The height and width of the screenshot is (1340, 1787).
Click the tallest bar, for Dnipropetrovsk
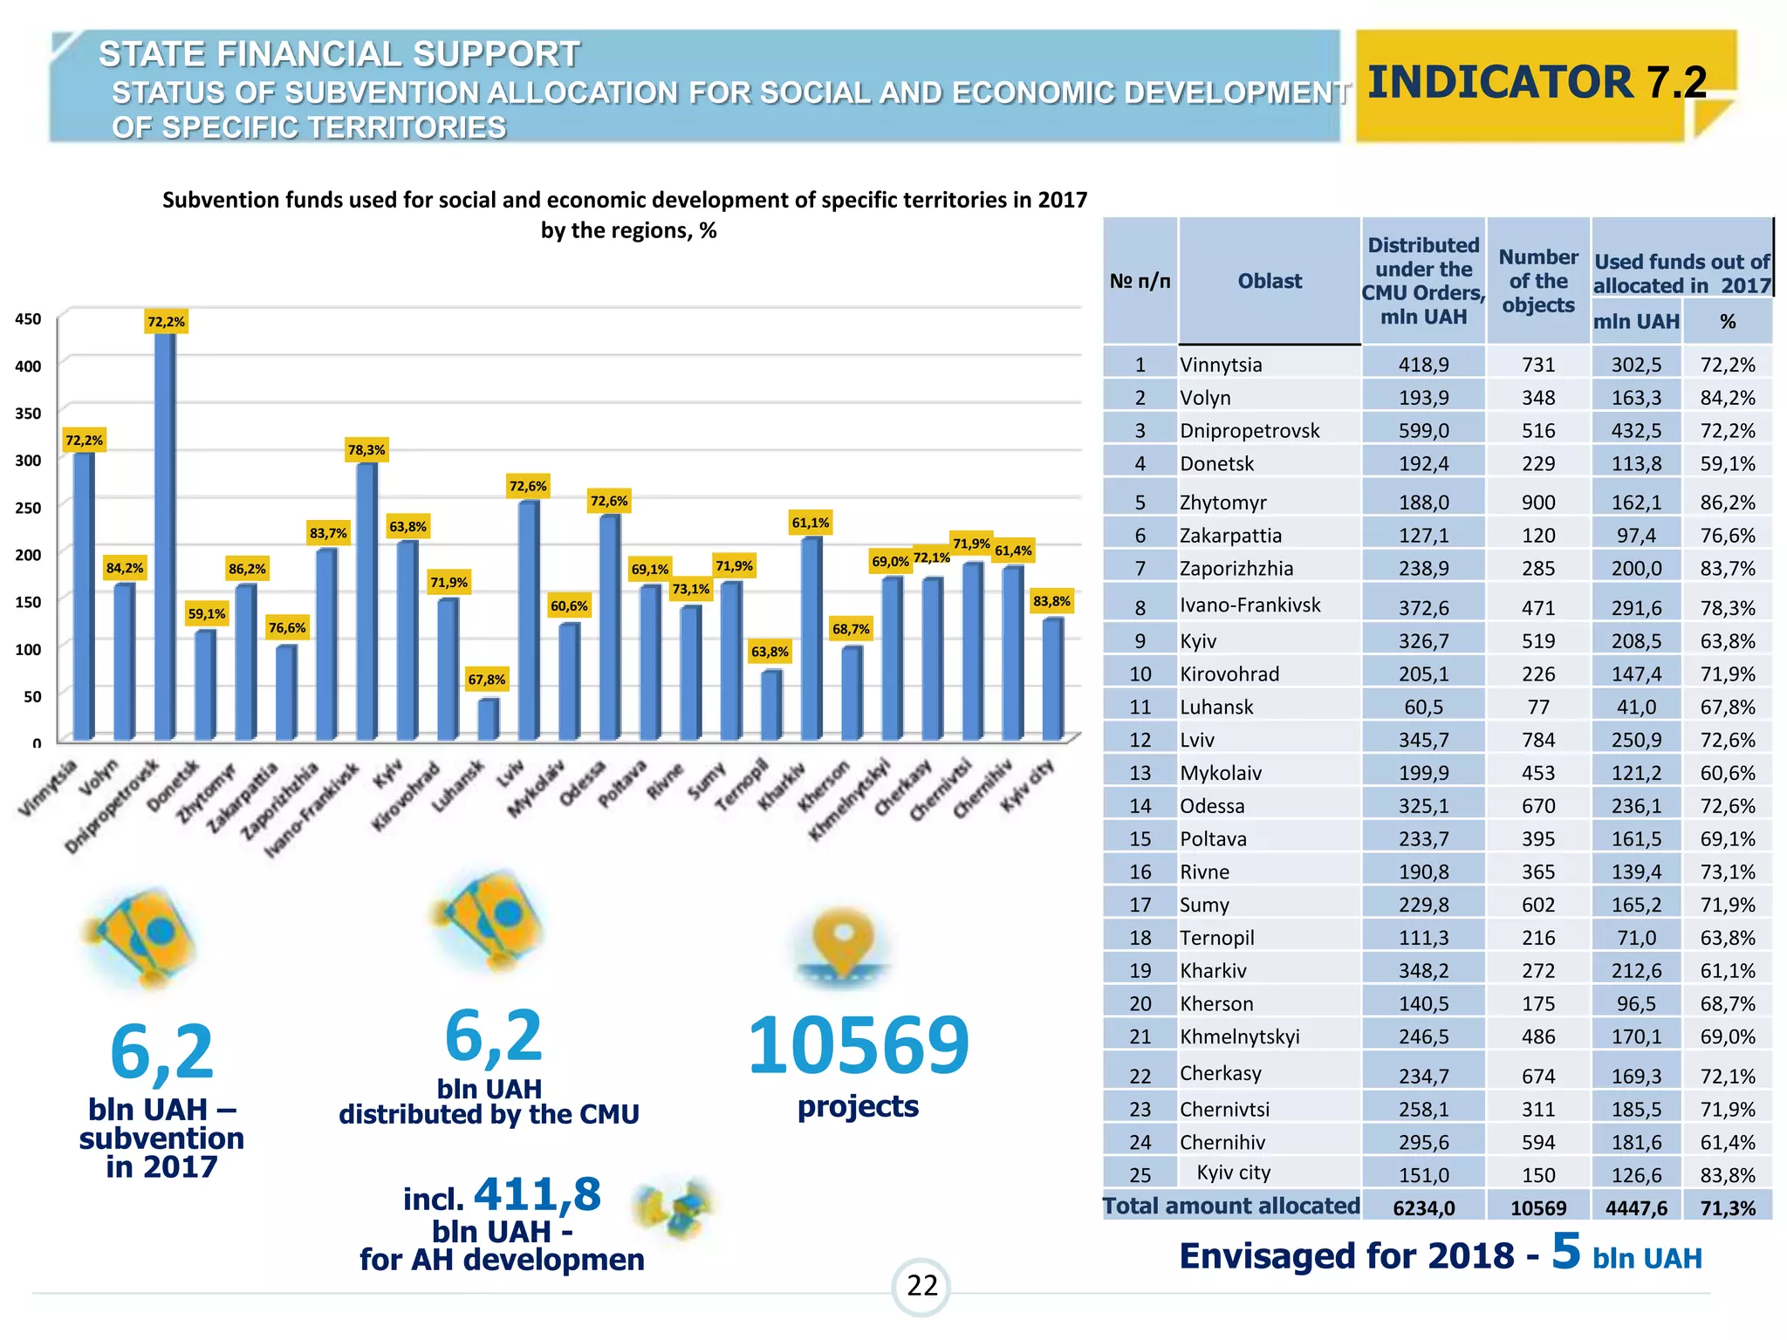pos(165,532)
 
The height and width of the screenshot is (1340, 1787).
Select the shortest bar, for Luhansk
pos(488,719)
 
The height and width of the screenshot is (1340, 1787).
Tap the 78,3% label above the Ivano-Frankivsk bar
pos(366,450)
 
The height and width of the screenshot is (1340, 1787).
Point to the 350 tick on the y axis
pos(28,413)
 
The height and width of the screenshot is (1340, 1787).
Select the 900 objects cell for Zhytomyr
pos(1538,502)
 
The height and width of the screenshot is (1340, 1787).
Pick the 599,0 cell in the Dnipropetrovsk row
pos(1423,430)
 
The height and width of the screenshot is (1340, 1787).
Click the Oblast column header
pos(1270,281)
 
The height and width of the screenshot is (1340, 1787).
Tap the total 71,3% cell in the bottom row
pos(1727,1208)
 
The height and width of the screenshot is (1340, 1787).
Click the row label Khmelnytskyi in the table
pos(1239,1036)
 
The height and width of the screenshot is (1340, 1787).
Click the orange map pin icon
pos(843,942)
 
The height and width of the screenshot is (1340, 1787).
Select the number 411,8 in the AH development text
pos(537,1193)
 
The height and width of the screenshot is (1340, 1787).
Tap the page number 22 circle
pos(921,1286)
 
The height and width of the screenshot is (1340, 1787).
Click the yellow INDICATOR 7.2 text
pos(1537,82)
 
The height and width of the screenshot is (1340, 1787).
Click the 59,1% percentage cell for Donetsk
pos(1727,463)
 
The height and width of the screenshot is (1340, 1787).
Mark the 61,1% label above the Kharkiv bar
pos(811,523)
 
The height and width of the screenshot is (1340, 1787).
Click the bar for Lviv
pos(528,619)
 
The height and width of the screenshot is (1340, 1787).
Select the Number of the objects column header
pos(1538,281)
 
